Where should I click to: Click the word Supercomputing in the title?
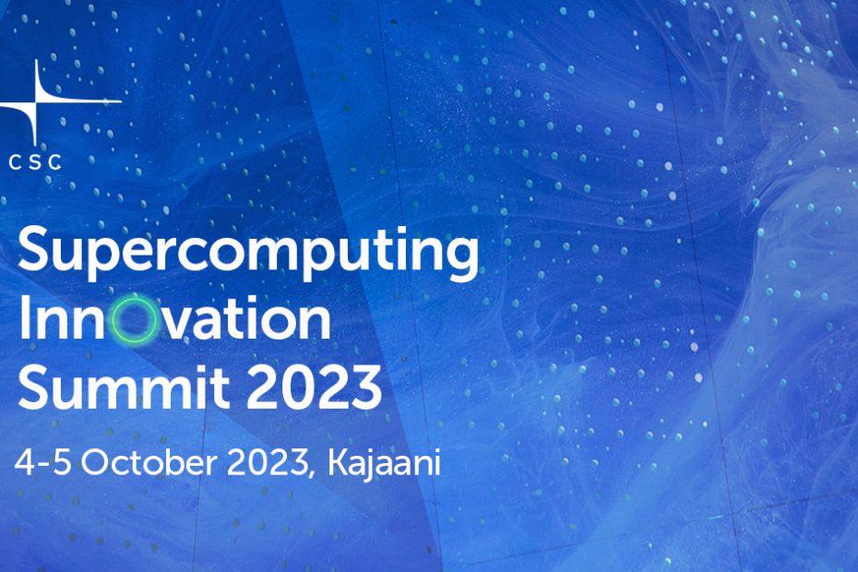[x=248, y=253]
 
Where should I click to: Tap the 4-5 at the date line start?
[x=42, y=463]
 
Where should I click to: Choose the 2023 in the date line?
[x=267, y=463]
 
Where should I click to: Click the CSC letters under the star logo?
[x=35, y=162]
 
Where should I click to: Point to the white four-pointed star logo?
[x=36, y=101]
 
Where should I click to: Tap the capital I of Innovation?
[x=24, y=318]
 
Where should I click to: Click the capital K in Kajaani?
[x=340, y=463]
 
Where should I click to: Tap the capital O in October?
[x=97, y=463]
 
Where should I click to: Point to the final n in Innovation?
[x=314, y=324]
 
